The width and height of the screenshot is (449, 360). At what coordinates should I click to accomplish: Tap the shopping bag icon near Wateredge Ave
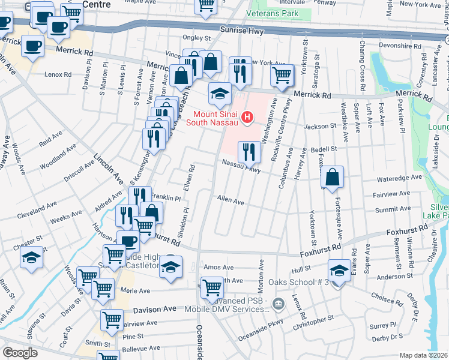click(332, 177)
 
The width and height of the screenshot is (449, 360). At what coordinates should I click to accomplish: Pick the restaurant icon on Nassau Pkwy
click(249, 152)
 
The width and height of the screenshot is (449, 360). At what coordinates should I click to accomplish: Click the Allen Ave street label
click(231, 200)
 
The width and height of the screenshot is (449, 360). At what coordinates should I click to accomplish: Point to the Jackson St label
click(319, 127)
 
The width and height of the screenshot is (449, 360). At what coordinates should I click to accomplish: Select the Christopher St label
click(313, 322)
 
